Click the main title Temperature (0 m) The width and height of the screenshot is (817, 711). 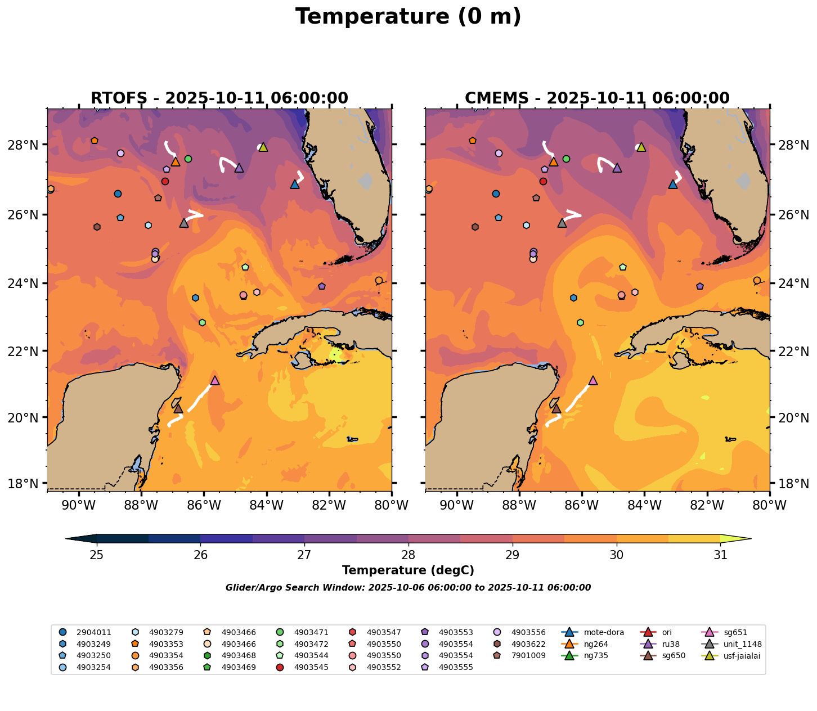408,17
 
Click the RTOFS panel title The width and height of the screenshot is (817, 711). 219,98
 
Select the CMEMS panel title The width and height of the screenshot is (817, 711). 597,98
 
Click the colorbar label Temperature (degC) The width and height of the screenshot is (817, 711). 408,570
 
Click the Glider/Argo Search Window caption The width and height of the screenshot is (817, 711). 408,588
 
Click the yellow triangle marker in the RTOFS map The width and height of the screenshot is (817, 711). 263,147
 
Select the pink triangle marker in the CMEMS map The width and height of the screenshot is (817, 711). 592,381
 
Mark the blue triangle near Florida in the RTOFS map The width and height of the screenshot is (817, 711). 295,184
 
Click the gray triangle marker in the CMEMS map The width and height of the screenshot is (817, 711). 562,223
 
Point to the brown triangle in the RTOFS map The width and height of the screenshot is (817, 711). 178,408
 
